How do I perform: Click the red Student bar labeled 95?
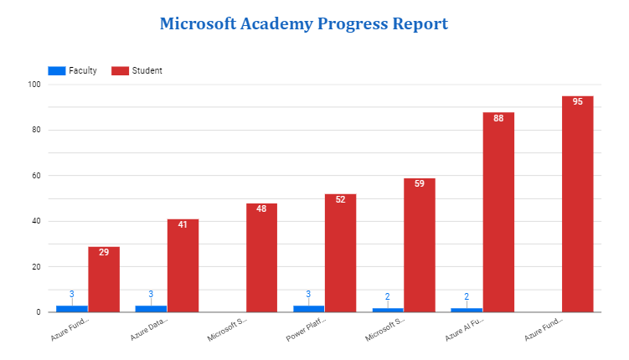(x=577, y=204)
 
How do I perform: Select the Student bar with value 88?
(x=498, y=213)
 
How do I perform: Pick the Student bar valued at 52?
(x=340, y=253)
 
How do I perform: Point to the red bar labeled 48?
(x=261, y=258)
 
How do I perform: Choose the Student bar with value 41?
(x=183, y=265)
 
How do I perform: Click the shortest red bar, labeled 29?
(x=104, y=280)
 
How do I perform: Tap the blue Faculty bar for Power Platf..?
(x=309, y=309)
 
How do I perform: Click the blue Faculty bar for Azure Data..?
(x=151, y=309)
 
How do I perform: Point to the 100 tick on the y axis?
(x=34, y=85)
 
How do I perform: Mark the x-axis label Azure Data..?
(x=148, y=328)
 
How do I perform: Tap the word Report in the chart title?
(x=420, y=23)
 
